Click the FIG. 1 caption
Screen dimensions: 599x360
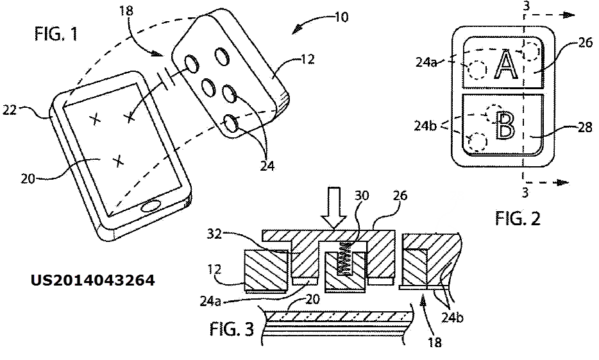point(56,33)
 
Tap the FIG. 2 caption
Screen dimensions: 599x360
point(518,219)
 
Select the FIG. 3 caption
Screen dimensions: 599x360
point(232,329)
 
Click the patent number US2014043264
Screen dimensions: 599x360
point(93,280)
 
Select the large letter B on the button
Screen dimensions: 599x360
point(505,125)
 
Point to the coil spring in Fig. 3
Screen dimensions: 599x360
point(345,259)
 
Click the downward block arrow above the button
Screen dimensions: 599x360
point(333,209)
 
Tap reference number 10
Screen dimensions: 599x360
point(342,17)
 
